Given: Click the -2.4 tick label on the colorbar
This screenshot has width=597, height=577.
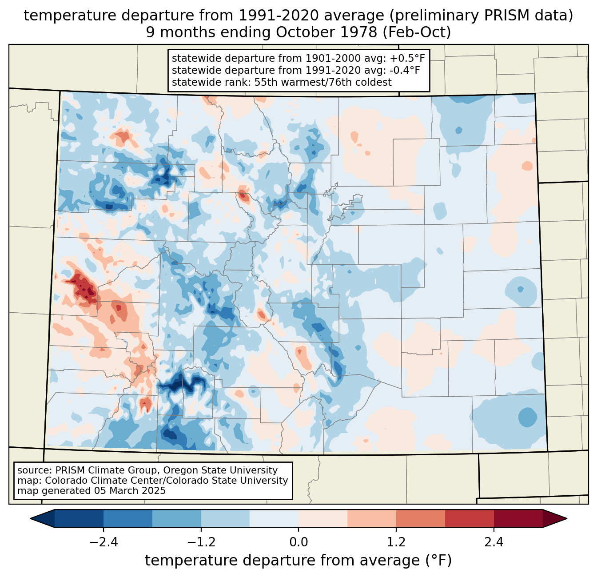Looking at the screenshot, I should tap(103, 542).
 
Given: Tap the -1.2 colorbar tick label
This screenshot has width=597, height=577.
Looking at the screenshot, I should tap(201, 542).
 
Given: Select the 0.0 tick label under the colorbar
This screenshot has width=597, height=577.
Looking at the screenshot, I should tap(298, 542).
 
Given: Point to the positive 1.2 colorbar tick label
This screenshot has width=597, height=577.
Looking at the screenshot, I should tap(396, 542).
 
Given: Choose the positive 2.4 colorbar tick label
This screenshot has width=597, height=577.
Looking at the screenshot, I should tap(494, 542).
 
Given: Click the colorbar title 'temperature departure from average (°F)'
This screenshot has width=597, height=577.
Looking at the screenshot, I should tap(298, 561).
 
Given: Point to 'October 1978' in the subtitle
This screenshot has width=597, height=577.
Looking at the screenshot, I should tap(327, 32).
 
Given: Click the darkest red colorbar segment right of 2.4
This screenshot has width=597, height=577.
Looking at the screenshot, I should tap(518, 518).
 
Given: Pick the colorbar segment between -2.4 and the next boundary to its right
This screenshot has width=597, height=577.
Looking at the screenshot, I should tap(128, 518).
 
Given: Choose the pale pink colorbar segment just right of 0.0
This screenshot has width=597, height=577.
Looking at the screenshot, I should tap(323, 518).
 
